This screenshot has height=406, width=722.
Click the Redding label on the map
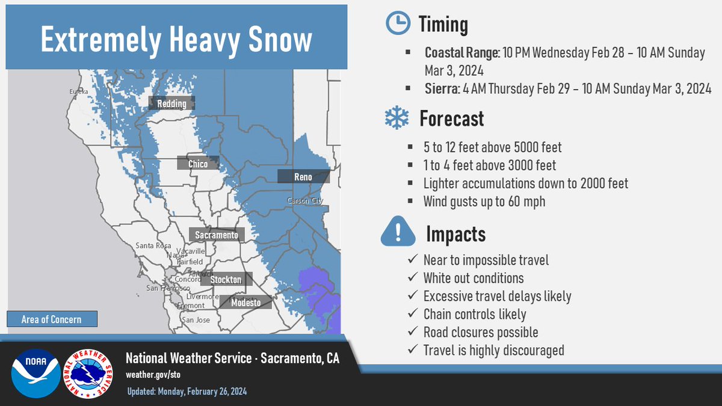pos(171,104)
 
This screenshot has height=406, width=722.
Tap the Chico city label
pos(197,164)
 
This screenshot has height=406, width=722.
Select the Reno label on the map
pos(303,177)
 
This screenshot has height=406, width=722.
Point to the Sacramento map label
pos(217,235)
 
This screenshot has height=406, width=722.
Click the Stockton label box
pos(226,280)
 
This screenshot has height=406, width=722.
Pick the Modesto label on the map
pos(245,303)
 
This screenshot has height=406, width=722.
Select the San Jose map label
pos(196,320)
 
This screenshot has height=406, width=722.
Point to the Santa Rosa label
pos(152,245)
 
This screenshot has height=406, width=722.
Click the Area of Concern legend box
pos(51,319)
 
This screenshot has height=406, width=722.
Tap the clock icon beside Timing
pos(396,23)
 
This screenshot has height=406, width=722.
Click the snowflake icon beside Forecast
pos(396,118)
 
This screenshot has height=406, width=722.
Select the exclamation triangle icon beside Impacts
pos(398,233)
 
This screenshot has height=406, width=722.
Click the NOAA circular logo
pos(35,373)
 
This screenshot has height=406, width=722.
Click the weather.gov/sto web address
pos(153,374)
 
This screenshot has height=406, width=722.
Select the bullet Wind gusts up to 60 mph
pos(484,201)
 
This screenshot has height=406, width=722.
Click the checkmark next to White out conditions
pos(412,278)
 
